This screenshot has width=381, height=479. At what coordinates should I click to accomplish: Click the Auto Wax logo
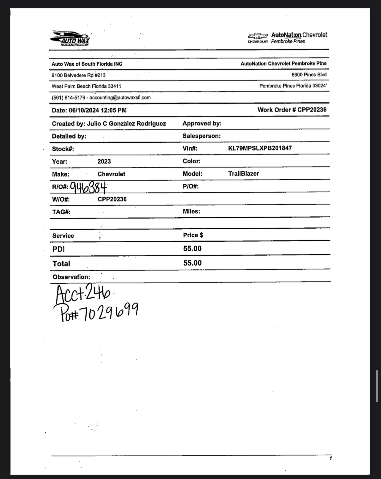pos(70,38)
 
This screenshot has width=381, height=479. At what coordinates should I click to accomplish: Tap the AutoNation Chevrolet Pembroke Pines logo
pos(287,38)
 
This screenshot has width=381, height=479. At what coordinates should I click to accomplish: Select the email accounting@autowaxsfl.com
pos(120,98)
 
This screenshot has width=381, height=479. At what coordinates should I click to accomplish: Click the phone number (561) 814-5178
pos(68,98)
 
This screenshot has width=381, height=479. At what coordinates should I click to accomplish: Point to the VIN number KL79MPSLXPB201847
pos(260,148)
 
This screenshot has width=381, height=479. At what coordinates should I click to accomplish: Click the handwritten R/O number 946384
pos(88,187)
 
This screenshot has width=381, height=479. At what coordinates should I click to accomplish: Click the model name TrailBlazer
pos(243,174)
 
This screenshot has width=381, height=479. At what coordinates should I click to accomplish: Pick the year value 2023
pos(104,161)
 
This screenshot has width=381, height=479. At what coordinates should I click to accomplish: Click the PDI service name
pos(58,249)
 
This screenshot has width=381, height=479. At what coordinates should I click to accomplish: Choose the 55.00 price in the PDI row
pos(192,249)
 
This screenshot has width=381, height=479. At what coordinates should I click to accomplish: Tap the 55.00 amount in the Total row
pos(192,263)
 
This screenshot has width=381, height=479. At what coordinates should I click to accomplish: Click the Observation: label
pos(71,277)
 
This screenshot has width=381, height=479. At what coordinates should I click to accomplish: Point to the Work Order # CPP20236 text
pos(292,110)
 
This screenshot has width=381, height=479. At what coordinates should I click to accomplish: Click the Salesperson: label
pos(201,136)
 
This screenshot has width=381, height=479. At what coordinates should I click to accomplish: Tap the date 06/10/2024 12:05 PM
pos(98,110)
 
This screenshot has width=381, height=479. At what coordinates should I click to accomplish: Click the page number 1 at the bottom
pos(331,458)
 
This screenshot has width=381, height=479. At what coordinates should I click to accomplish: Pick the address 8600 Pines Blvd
pos(309,75)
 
